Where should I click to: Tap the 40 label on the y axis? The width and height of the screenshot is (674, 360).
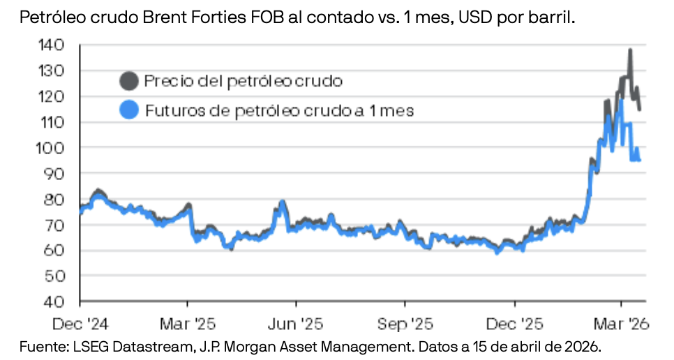coord(57,302)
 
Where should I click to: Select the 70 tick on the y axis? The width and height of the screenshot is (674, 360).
coord(57,225)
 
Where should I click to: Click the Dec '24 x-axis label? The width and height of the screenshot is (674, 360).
coord(80,324)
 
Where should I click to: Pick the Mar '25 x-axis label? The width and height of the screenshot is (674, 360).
coord(187,324)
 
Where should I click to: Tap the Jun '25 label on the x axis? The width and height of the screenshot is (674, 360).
coord(296,324)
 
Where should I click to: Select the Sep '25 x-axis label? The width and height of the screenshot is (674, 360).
coord(405,324)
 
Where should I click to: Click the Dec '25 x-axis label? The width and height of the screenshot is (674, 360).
coord(514,324)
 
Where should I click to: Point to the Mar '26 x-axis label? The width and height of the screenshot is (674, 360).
coord(622,324)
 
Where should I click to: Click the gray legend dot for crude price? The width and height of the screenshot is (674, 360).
coord(128,81)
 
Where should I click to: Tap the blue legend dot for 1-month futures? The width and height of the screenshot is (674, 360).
coord(128,110)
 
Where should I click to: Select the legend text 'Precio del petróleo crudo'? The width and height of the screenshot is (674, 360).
coord(243,81)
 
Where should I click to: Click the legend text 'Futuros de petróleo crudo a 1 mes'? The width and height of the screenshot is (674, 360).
coord(279,110)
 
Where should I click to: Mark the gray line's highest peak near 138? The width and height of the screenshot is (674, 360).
coord(630,50)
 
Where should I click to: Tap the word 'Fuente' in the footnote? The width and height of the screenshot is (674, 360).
coord(39,346)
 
